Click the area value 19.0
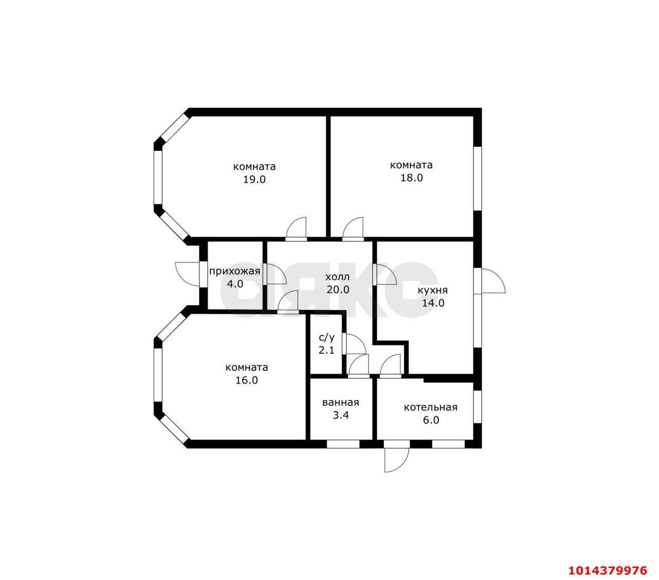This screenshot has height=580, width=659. click(254, 179)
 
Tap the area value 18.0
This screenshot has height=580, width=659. click(411, 178)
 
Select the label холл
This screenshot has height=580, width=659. click(338, 277)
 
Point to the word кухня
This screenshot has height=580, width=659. click(432, 291)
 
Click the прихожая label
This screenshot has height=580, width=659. click(235, 271)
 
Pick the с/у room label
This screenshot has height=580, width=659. click(326, 337)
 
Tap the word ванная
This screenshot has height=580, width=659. click(340, 403)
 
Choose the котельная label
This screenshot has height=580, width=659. click(430, 407)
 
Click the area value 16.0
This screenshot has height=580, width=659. click(247, 380)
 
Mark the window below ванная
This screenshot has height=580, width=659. click(343, 444)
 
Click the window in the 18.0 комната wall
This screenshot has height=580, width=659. click(477, 178)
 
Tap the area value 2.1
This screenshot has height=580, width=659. click(326, 350)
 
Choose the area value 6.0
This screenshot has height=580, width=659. click(430, 420)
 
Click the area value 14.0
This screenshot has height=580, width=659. click(433, 303)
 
